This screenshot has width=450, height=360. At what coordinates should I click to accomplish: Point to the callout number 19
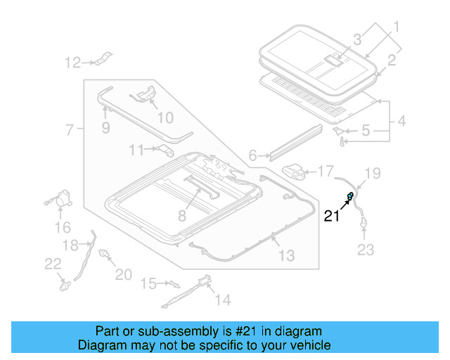(x=373, y=173)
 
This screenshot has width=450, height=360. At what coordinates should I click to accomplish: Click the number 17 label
(x=326, y=171)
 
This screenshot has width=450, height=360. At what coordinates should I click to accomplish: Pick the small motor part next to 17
(x=295, y=171)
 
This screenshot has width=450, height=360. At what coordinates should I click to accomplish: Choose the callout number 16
(x=63, y=227)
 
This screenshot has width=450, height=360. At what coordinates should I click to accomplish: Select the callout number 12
(x=73, y=63)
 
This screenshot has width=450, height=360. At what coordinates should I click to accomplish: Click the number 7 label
(x=70, y=130)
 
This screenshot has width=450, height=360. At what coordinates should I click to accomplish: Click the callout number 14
(x=222, y=300)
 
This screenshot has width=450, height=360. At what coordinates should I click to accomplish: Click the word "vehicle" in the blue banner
(x=305, y=345)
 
